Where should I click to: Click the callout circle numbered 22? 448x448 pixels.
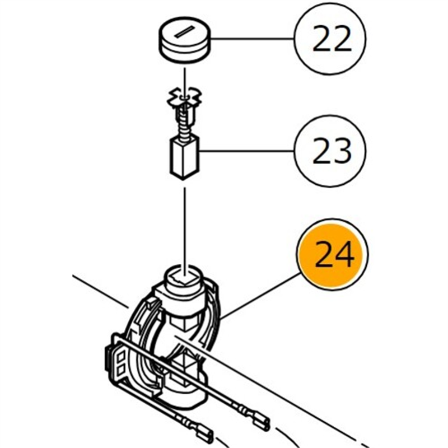click(332, 39)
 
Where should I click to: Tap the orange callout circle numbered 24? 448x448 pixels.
click(334, 255)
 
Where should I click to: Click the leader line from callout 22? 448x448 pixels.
click(252, 39)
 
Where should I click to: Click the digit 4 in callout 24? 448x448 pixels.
click(344, 255)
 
